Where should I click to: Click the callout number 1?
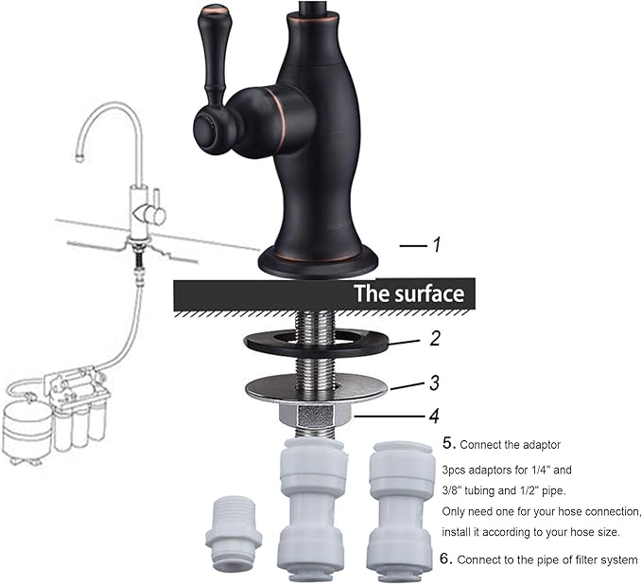pos(437,244)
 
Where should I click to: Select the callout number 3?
pos(434,383)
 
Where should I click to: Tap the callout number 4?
pos(434,414)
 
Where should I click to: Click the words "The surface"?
pos(408,293)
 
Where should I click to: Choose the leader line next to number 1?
pos(412,246)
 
